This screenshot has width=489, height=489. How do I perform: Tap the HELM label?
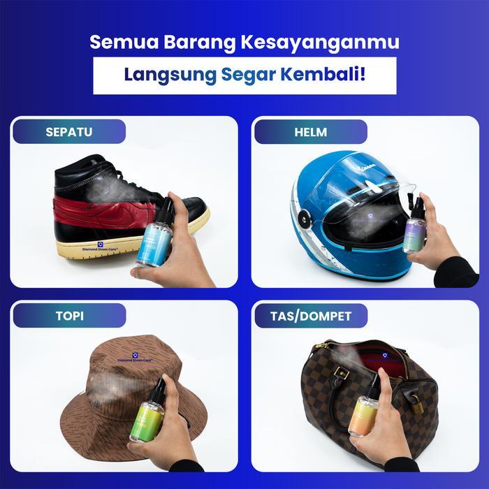click(x=311, y=131)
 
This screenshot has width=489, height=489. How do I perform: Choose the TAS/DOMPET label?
click(x=311, y=316)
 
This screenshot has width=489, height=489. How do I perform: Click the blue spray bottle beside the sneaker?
click(x=154, y=238)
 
